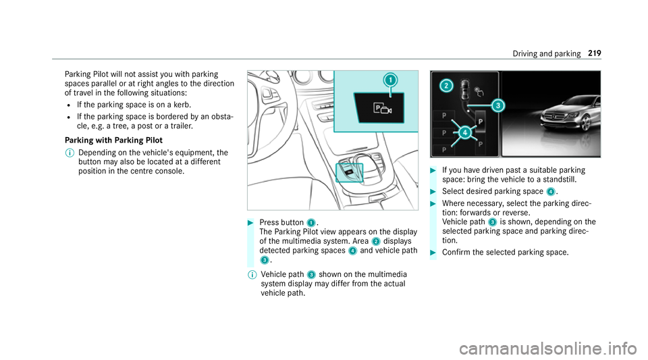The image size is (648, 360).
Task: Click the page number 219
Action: pyautogui.click(x=594, y=53)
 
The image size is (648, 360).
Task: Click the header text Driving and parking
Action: pyautogui.click(x=546, y=54)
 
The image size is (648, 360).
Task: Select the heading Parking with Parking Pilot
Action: pyautogui.click(x=113, y=140)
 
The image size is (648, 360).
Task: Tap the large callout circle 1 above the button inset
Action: pyautogui.click(x=390, y=80)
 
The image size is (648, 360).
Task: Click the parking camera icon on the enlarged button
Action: pyautogui.click(x=382, y=109)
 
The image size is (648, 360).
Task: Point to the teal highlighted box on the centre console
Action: pyautogui.click(x=349, y=173)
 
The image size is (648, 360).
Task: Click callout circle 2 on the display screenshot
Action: pyautogui.click(x=446, y=86)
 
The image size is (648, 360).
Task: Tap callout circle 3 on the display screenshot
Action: pyautogui.click(x=498, y=106)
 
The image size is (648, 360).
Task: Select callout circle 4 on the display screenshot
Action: pyautogui.click(x=465, y=132)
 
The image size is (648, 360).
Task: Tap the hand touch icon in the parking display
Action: pyautogui.click(x=479, y=91)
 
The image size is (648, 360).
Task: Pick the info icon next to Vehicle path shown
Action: pyautogui.click(x=252, y=275)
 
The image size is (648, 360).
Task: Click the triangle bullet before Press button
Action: pyautogui.click(x=250, y=223)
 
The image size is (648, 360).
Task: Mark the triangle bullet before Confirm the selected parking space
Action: pyautogui.click(x=433, y=253)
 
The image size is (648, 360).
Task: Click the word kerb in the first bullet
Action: pyautogui.click(x=182, y=105)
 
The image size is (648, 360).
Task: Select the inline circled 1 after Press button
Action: pyautogui.click(x=310, y=223)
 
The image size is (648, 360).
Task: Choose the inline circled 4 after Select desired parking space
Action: pyautogui.click(x=550, y=192)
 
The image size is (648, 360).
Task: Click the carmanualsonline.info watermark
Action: pyautogui.click(x=547, y=349)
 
